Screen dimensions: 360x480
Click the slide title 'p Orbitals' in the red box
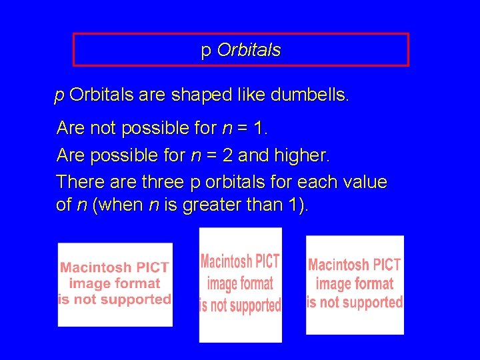click(241, 50)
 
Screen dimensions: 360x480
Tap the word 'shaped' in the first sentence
click(198, 95)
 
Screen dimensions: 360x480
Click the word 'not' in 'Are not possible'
click(101, 127)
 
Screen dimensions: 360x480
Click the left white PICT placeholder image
click(115, 285)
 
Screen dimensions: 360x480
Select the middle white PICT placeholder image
click(240, 285)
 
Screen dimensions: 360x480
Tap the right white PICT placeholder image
click(355, 285)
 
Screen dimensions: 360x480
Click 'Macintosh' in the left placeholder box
click(96, 267)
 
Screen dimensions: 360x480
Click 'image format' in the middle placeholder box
click(240, 283)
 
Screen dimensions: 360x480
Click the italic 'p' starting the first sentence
click(59, 96)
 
